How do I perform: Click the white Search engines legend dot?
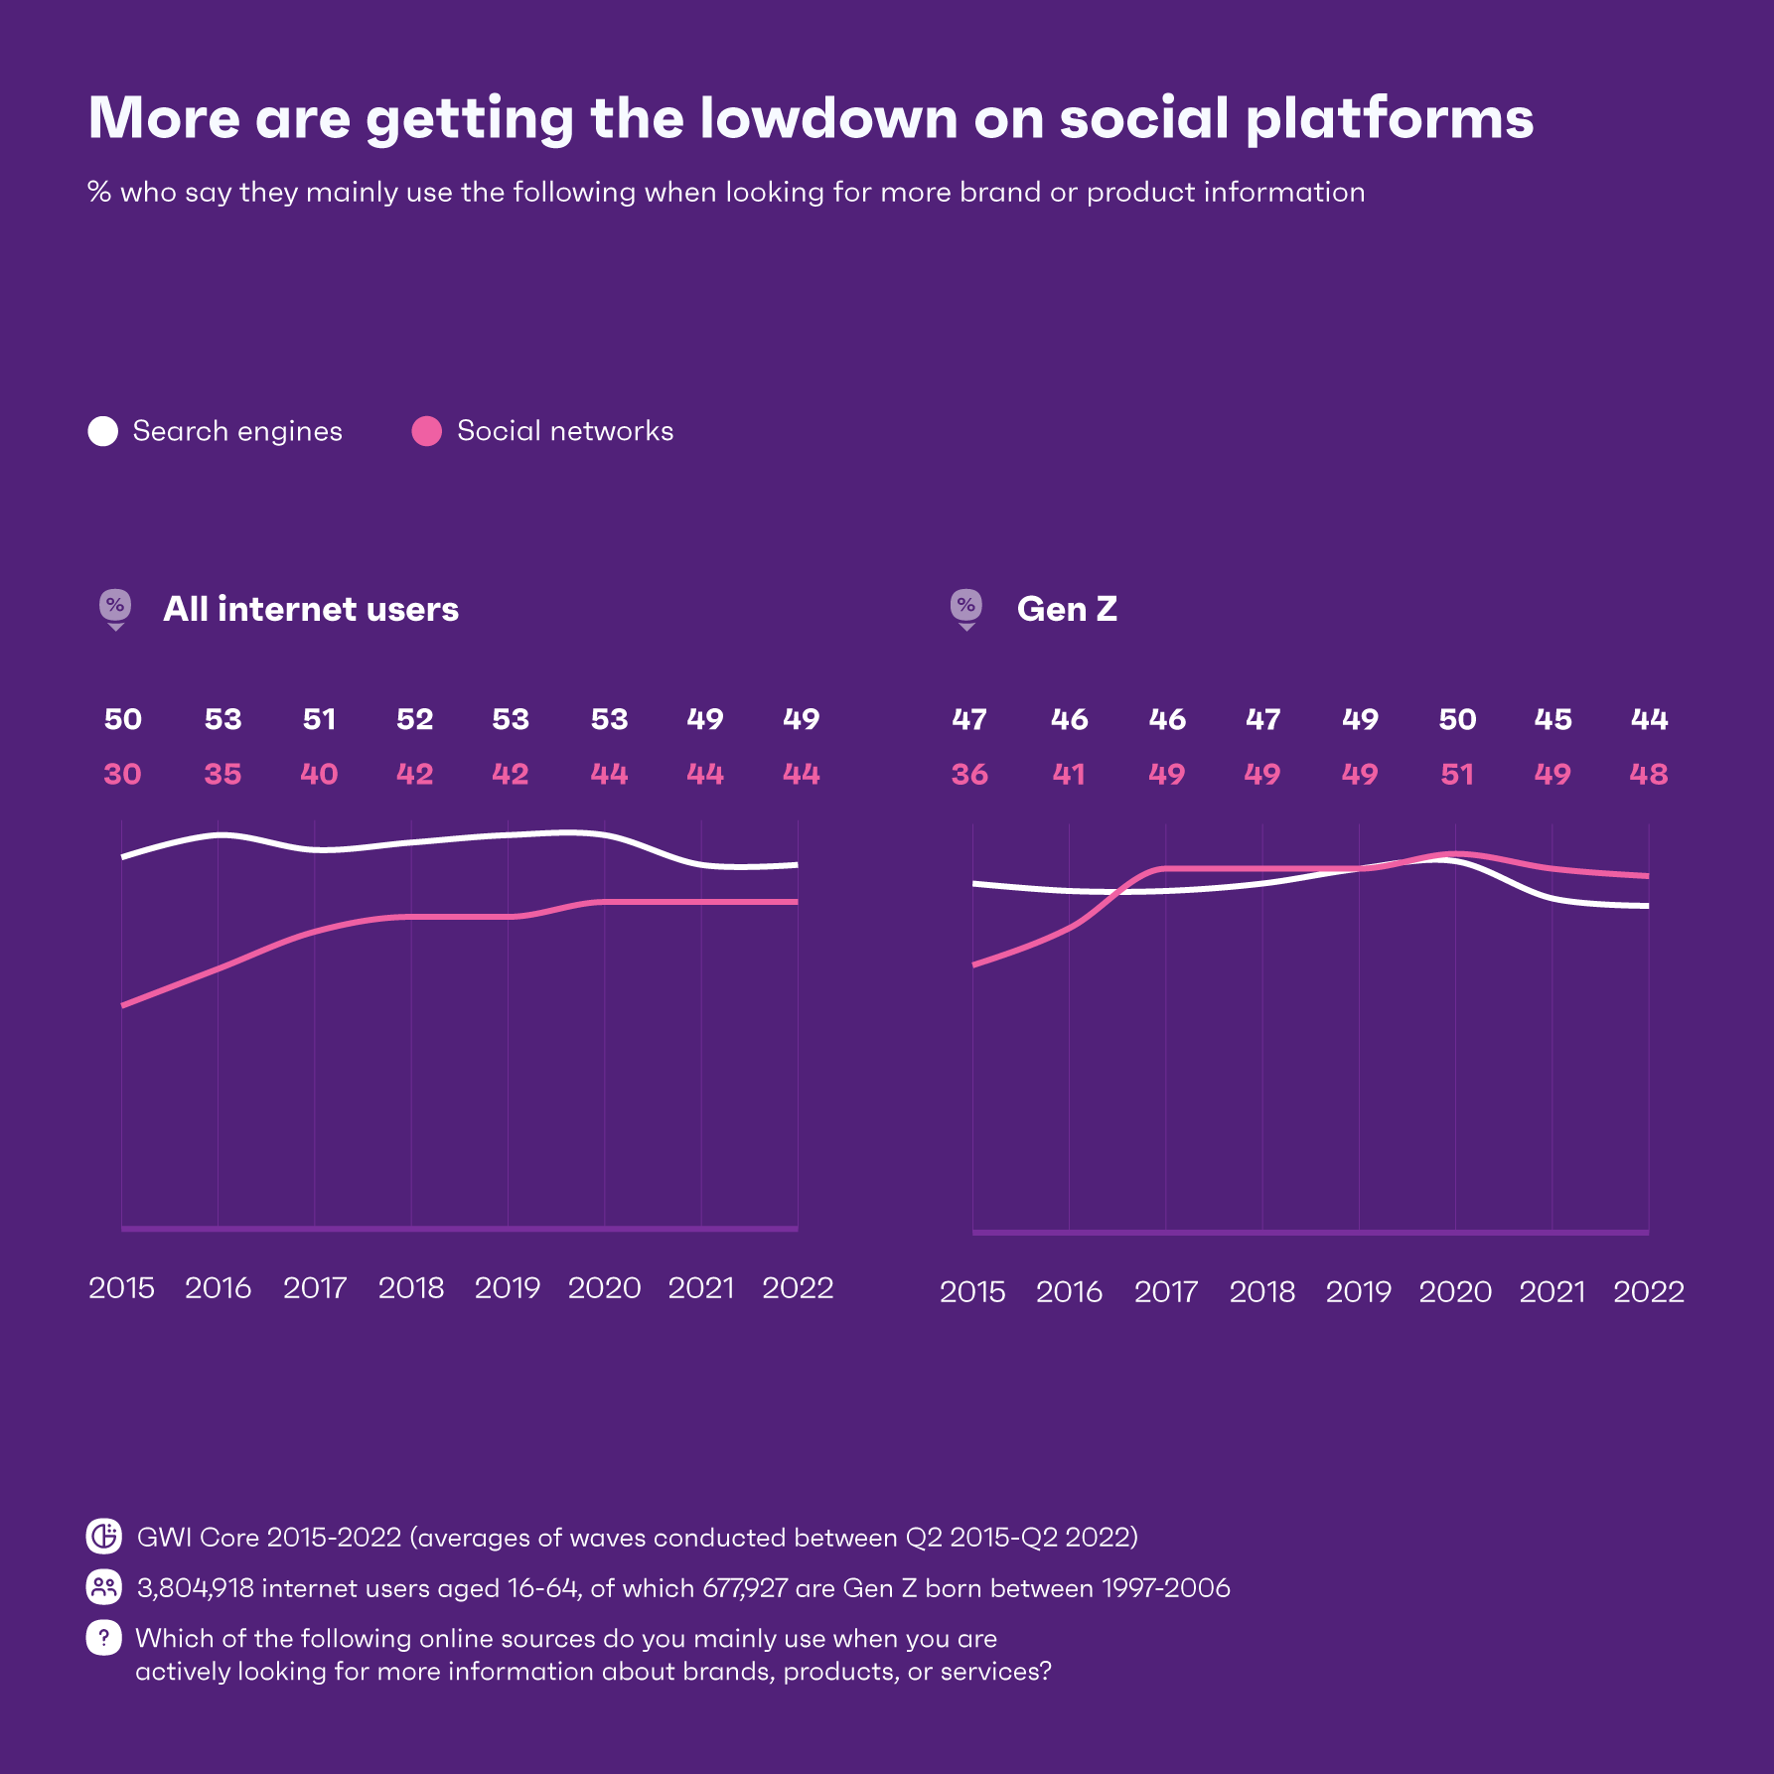pos(103,431)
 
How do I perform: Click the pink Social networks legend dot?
pos(427,431)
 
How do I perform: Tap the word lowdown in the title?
pos(828,118)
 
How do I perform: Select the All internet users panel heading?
pos(311,609)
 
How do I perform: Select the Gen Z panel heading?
pos(1067,609)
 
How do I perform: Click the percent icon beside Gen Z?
pos(966,607)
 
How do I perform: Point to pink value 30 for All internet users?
pos(123,774)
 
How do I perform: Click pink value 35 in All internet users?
pos(222,774)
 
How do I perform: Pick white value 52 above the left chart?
pos(415,719)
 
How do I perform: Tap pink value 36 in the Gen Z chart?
pos(969,774)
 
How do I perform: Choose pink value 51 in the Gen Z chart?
pos(1457,774)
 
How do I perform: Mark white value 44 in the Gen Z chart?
pos(1649,719)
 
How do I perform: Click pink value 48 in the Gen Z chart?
pos(1649,774)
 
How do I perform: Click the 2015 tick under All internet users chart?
pos(121,1288)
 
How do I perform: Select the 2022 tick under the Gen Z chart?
pos(1649,1292)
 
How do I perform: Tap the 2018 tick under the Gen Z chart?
pos(1262,1292)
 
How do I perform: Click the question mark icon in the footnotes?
pos(104,1638)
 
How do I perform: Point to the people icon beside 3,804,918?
pos(104,1587)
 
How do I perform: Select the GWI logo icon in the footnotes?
pos(104,1537)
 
